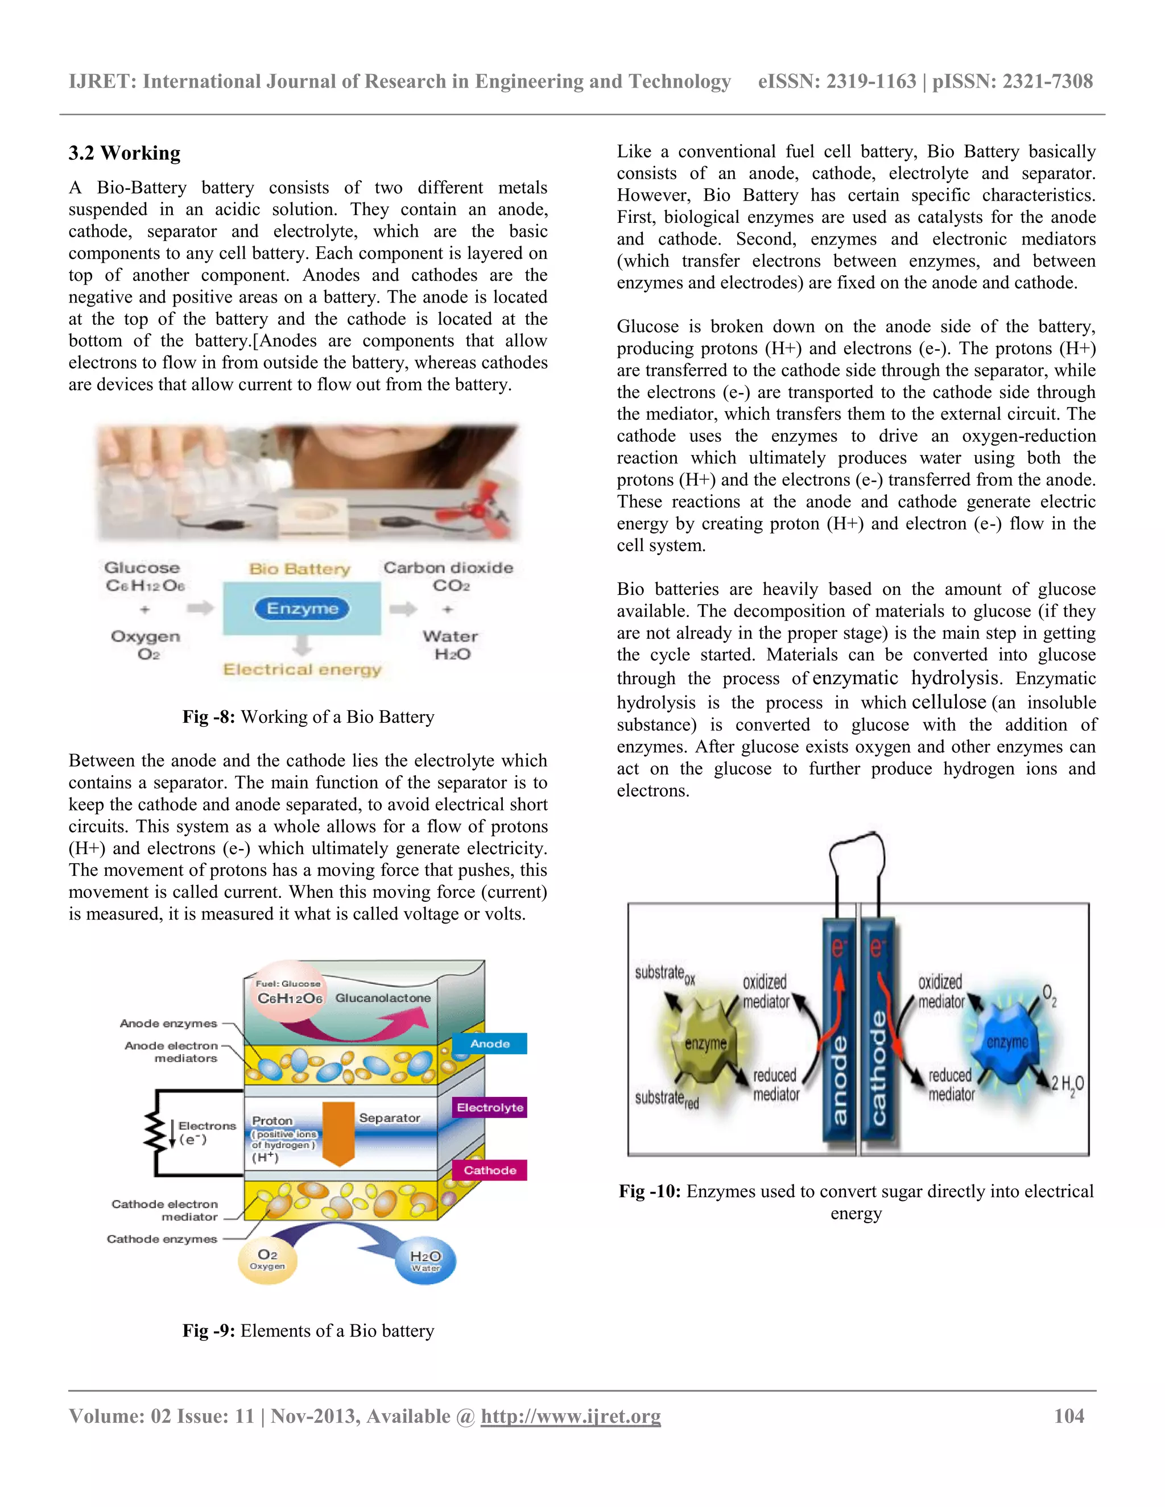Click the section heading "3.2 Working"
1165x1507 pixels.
coord(124,152)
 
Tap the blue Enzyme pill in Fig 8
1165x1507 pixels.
coord(301,608)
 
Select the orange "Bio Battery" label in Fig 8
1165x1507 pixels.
coord(300,569)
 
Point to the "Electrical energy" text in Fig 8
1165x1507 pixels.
coord(301,669)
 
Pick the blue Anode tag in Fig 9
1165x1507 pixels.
coord(489,1044)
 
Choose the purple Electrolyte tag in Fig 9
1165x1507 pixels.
coord(489,1107)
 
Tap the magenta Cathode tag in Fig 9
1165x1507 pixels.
coord(489,1170)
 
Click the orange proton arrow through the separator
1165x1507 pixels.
coord(338,1132)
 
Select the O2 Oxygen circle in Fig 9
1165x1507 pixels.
coord(267,1259)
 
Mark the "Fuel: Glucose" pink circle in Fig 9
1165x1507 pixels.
coord(288,992)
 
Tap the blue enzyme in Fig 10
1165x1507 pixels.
coord(1006,1042)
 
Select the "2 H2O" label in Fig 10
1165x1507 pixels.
coord(1067,1084)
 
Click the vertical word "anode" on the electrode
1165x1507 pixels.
coord(838,1080)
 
